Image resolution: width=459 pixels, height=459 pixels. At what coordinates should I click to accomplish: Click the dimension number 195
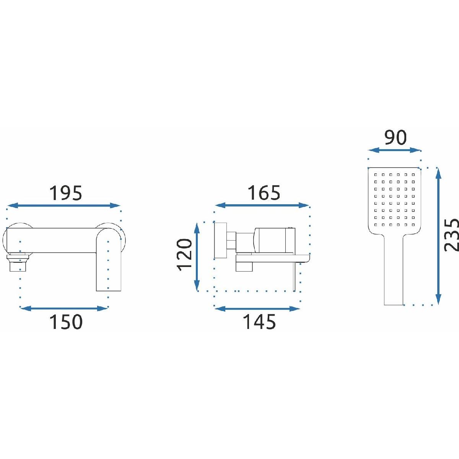click(x=65, y=193)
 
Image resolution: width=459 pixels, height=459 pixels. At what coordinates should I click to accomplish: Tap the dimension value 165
click(x=264, y=193)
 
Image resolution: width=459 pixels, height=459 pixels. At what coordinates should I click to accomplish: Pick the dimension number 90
click(x=395, y=138)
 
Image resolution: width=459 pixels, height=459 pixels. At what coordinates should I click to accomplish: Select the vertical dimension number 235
click(x=452, y=235)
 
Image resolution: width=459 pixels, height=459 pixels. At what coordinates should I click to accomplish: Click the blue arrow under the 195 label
click(x=64, y=205)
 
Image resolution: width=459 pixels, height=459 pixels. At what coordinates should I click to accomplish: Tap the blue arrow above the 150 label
click(x=64, y=309)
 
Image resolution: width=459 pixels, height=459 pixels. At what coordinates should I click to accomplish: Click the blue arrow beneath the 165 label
click(x=262, y=205)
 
